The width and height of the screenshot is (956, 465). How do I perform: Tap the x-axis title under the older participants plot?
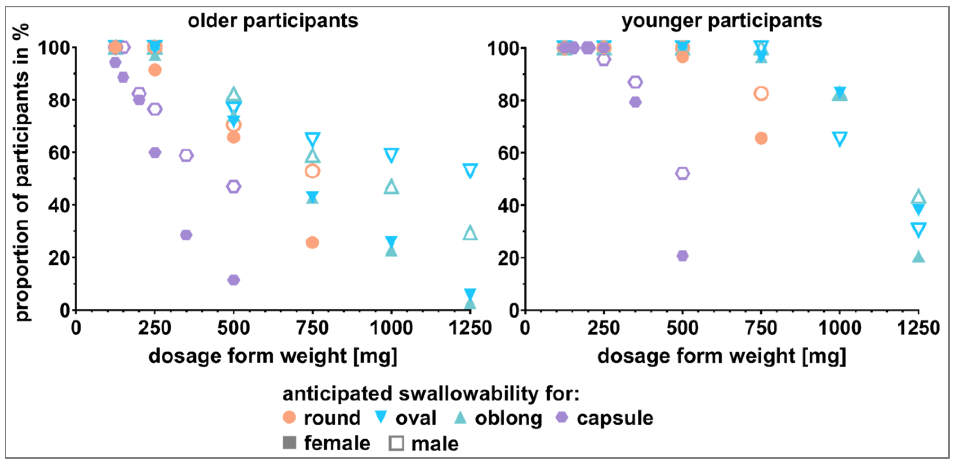[273, 356]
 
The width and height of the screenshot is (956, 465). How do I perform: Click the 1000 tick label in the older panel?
[391, 328]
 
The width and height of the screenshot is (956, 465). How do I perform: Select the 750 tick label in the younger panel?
[761, 328]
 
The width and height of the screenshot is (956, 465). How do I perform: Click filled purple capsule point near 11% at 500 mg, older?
[233, 280]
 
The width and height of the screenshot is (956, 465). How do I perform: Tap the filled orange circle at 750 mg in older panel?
[312, 242]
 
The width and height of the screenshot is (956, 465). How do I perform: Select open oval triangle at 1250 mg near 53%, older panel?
[470, 170]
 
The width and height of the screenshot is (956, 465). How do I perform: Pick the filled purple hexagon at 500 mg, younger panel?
[682, 256]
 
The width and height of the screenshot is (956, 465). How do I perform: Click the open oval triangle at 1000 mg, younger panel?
[840, 139]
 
